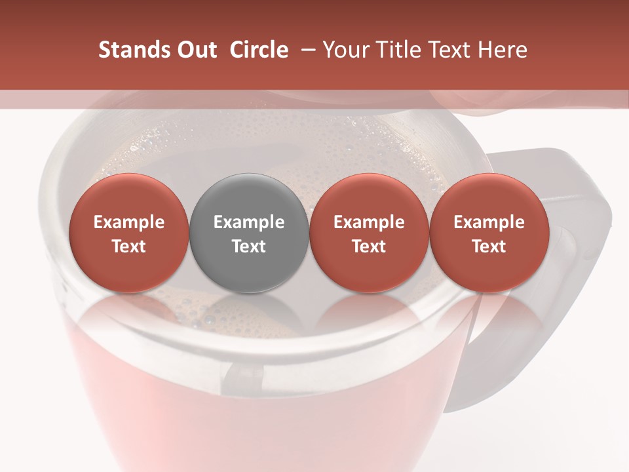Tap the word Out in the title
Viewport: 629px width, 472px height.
[x=195, y=50]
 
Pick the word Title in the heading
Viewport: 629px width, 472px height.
[x=399, y=50]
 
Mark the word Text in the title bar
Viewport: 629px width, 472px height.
[x=449, y=50]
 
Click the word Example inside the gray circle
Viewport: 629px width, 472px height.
[x=249, y=222]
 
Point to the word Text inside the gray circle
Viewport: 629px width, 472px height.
[x=249, y=246]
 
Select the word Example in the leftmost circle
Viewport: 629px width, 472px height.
[x=129, y=222]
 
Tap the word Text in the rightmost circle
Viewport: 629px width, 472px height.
[x=489, y=246]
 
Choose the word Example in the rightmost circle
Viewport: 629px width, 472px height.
[x=489, y=222]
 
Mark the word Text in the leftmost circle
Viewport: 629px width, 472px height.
[x=129, y=246]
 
